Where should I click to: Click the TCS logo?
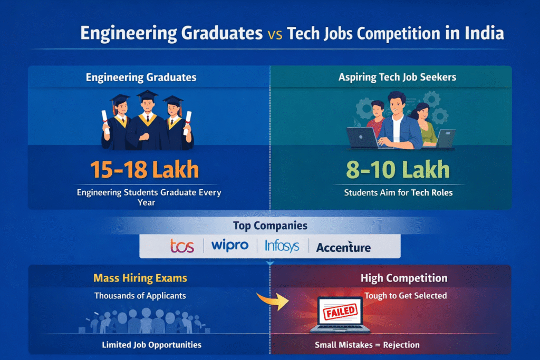[182, 246]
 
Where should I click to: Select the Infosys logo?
[282, 246]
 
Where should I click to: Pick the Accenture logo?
[343, 247]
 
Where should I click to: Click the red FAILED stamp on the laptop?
[339, 311]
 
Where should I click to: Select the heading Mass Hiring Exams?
[140, 278]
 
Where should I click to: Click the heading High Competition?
[403, 278]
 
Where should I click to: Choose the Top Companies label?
[269, 226]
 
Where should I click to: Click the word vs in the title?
[276, 34]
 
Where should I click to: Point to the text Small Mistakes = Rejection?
[367, 345]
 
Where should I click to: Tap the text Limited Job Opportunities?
[151, 345]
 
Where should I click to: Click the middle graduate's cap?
[147, 95]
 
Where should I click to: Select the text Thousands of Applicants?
[140, 296]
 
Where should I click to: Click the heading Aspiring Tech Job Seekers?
[398, 77]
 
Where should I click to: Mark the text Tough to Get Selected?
[405, 296]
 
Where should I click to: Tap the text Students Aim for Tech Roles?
[398, 193]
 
